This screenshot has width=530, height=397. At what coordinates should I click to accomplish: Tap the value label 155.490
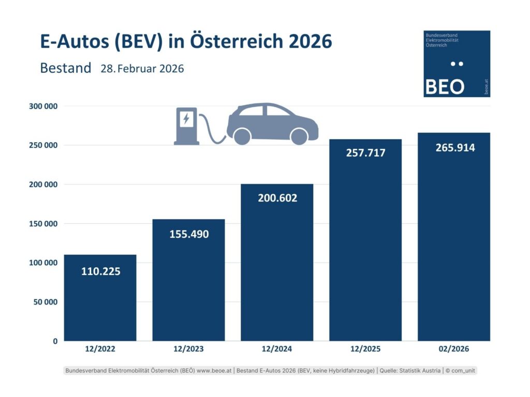pyautogui.click(x=189, y=234)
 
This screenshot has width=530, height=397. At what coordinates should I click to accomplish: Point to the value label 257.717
pyautogui.click(x=365, y=153)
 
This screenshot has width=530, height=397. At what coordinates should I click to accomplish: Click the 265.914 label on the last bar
pyautogui.click(x=454, y=148)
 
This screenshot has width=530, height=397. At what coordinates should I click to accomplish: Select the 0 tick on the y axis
pyautogui.click(x=54, y=341)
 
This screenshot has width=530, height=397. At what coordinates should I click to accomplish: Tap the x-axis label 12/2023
pyautogui.click(x=188, y=349)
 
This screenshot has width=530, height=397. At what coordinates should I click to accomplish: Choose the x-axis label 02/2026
pyautogui.click(x=454, y=349)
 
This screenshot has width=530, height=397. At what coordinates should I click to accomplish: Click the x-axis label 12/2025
pyautogui.click(x=365, y=349)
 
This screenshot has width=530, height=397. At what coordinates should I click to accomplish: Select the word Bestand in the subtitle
pyautogui.click(x=65, y=68)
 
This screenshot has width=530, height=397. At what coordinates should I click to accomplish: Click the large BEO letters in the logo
pyautogui.click(x=444, y=86)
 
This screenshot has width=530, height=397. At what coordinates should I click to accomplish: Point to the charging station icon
pyautogui.click(x=186, y=126)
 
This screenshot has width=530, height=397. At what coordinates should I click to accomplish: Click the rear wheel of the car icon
pyautogui.click(x=242, y=136)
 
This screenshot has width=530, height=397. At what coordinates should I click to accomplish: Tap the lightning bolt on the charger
pyautogui.click(x=186, y=119)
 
